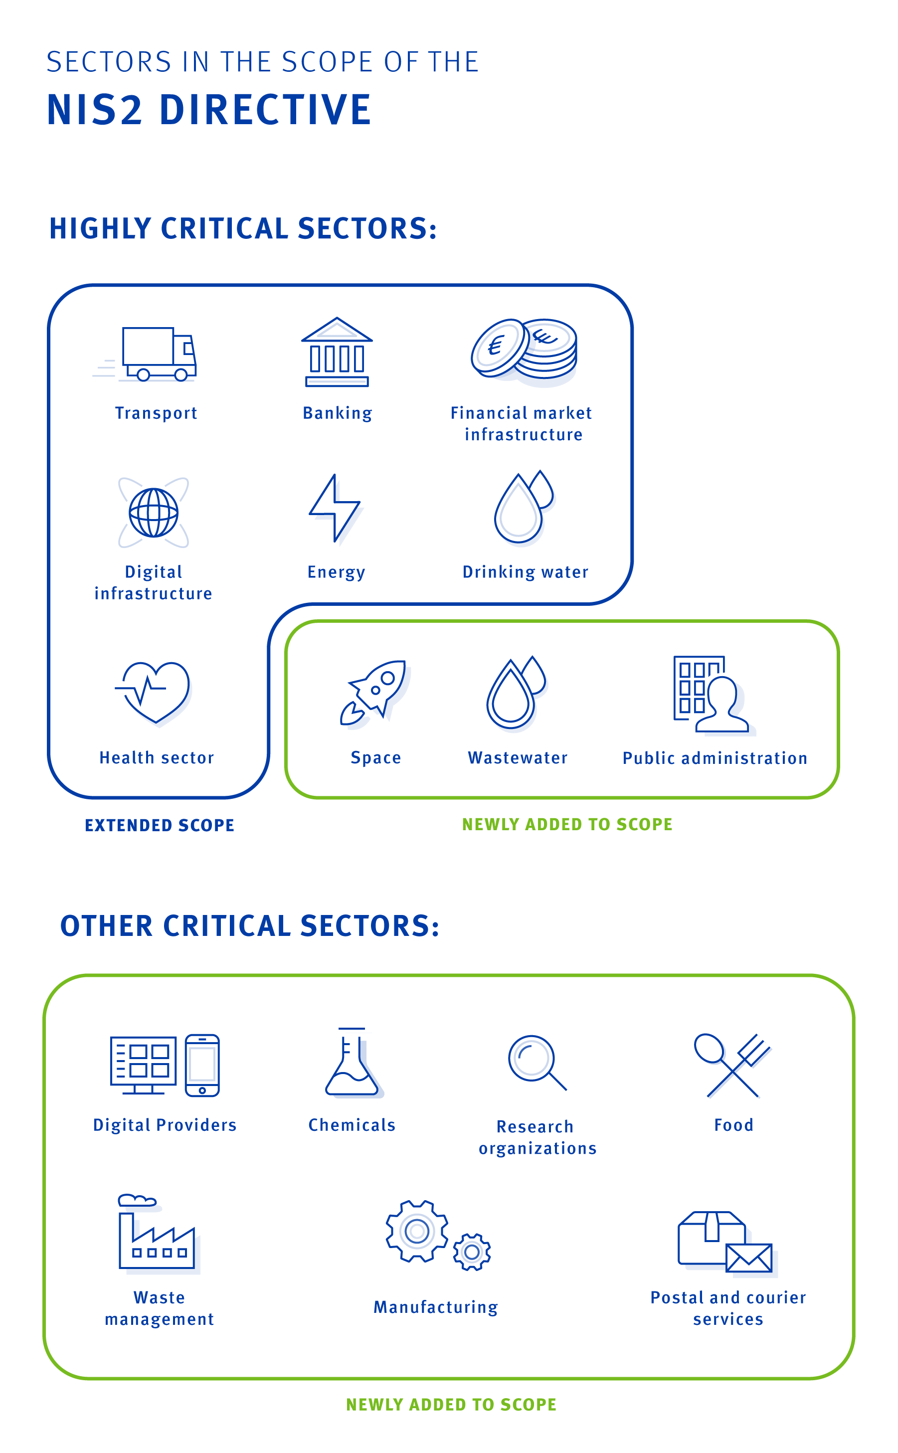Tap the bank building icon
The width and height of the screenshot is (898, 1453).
tap(337, 352)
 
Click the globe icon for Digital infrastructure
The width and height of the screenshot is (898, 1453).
tap(154, 513)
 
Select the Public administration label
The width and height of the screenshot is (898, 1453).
tap(715, 758)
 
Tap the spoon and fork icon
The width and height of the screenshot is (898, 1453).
tap(732, 1065)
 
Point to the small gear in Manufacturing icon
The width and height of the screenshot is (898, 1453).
tap(472, 1252)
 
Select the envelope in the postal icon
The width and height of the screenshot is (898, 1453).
tap(749, 1258)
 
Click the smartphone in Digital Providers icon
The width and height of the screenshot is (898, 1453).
tap(202, 1065)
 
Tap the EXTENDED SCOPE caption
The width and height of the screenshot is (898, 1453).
tap(160, 825)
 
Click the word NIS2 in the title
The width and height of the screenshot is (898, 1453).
tap(95, 110)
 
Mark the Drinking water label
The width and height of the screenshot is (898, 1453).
tap(525, 572)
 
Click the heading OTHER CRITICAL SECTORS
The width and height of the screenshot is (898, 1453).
tap(250, 926)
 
